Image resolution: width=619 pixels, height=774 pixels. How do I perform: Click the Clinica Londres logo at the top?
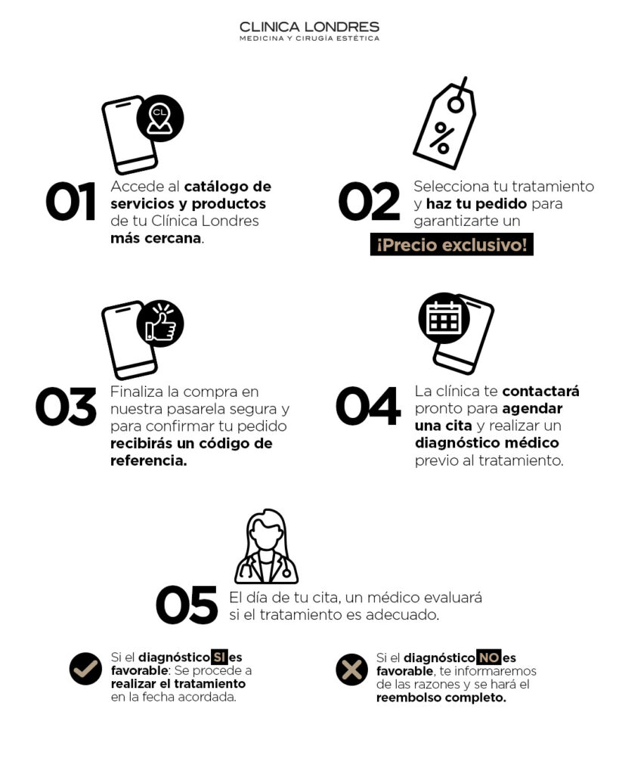[x=310, y=31]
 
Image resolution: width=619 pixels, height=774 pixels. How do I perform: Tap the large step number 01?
[x=70, y=201]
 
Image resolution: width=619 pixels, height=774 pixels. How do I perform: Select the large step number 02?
[x=370, y=201]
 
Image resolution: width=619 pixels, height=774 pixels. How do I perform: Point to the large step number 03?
[x=67, y=406]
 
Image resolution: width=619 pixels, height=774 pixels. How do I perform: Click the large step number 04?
[x=368, y=406]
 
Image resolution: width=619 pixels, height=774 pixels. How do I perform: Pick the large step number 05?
[x=187, y=605]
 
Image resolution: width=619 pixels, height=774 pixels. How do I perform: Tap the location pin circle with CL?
[x=160, y=119]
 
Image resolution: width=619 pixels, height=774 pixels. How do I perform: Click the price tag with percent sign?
[x=444, y=123]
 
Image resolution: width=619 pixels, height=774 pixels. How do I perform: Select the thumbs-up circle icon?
[x=160, y=324]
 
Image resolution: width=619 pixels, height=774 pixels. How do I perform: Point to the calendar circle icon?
[x=444, y=318]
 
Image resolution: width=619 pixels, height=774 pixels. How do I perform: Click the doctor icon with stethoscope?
[x=266, y=546]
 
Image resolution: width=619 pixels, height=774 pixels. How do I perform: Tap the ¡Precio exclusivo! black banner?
[x=452, y=244]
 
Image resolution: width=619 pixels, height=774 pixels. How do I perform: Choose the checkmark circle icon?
[x=85, y=669]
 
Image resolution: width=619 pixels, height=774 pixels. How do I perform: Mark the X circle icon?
[x=351, y=670]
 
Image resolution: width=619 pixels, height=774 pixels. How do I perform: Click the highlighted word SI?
[x=219, y=658]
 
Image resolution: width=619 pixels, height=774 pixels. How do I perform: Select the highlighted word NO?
[x=489, y=658]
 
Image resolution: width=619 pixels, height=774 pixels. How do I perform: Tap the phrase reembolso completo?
[x=441, y=698]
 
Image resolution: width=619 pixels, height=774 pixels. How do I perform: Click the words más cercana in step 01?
[x=156, y=238]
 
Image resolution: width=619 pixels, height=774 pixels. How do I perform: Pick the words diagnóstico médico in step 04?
[x=487, y=443]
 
